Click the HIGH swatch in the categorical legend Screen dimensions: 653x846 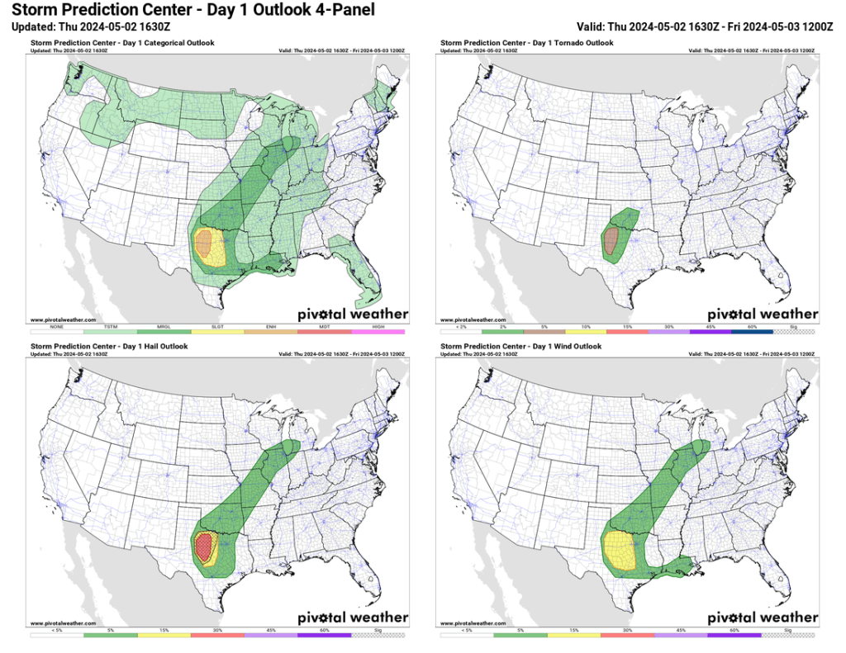click(379, 331)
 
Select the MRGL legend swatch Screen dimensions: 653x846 click(164, 331)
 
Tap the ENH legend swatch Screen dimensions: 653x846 click(272, 331)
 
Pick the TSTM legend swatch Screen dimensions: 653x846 click(110, 331)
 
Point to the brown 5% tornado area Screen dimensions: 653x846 click(611, 241)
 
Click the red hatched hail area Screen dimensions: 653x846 click(202, 546)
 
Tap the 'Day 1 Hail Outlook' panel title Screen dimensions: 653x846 click(109, 347)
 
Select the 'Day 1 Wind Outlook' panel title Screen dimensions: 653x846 click(520, 347)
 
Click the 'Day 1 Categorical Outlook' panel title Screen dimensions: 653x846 click(121, 43)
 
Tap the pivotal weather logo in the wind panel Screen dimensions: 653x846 click(763, 617)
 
